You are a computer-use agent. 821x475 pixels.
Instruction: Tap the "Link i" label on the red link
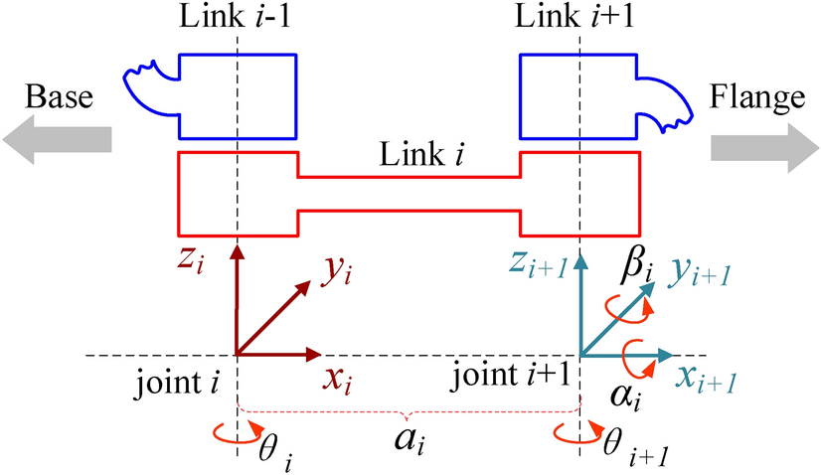(x=410, y=156)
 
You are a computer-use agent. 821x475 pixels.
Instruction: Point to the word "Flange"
(x=758, y=97)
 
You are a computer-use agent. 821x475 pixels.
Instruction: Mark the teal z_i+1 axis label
(x=538, y=264)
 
